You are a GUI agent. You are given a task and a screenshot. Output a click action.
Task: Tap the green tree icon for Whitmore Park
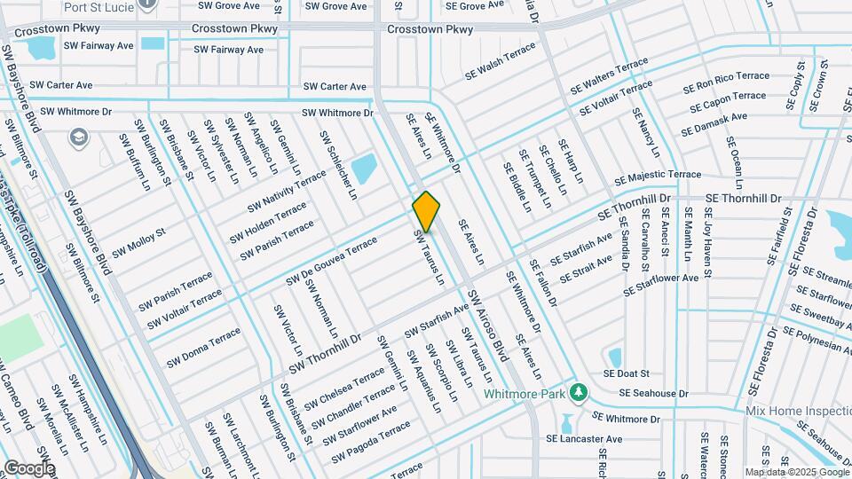(x=579, y=391)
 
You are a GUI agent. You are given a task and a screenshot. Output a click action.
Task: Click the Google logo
(x=28, y=467)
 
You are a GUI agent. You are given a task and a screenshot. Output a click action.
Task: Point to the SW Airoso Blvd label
(x=487, y=325)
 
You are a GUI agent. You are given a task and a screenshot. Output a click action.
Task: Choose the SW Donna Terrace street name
(x=203, y=349)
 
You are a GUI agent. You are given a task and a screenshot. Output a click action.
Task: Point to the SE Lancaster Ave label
(x=584, y=439)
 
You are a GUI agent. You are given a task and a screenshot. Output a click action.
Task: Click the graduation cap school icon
(x=78, y=137)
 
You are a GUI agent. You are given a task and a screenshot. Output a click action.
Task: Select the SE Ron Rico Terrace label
(x=726, y=82)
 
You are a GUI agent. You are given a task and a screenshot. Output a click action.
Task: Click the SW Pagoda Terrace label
(x=372, y=442)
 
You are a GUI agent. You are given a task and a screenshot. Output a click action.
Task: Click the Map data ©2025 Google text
(x=796, y=472)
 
